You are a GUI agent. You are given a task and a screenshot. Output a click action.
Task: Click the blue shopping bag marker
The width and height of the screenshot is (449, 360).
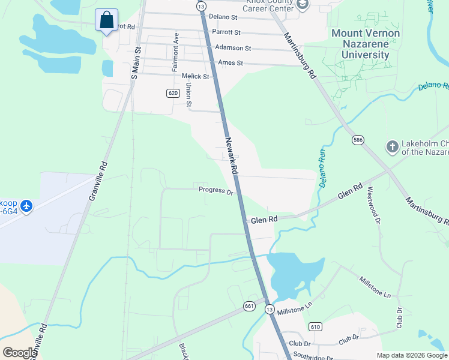click(x=106, y=20)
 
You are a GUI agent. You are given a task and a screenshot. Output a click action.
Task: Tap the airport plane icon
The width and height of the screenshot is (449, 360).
click(x=26, y=206)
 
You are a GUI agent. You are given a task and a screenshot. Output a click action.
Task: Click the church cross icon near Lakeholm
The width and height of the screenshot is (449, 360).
click(x=392, y=146)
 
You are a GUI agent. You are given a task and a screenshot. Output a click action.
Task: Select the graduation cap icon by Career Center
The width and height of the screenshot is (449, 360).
click(x=303, y=5)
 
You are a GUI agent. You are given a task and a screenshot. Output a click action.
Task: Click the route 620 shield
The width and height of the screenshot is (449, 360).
click(x=173, y=93)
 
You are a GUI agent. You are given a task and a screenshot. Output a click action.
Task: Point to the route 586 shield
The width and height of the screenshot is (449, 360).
click(x=358, y=140)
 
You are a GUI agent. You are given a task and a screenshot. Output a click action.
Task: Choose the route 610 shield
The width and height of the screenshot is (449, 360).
click(x=315, y=326)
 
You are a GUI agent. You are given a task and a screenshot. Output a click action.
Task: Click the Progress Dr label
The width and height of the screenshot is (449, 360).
click(x=215, y=191)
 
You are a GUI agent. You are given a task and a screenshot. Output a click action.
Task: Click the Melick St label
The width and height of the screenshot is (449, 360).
click(x=195, y=77)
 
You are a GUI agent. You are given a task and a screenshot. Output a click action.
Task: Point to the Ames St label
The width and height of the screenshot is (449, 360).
click(x=231, y=62)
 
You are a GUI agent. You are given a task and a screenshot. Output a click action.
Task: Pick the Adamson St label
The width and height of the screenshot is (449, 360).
click(x=234, y=47)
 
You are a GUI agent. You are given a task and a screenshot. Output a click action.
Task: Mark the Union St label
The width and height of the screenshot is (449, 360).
click(x=188, y=95)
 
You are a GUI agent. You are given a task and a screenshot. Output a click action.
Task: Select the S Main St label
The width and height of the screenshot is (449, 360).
click(x=135, y=63)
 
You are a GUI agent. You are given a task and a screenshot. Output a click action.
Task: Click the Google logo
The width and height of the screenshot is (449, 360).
click(x=20, y=353)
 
